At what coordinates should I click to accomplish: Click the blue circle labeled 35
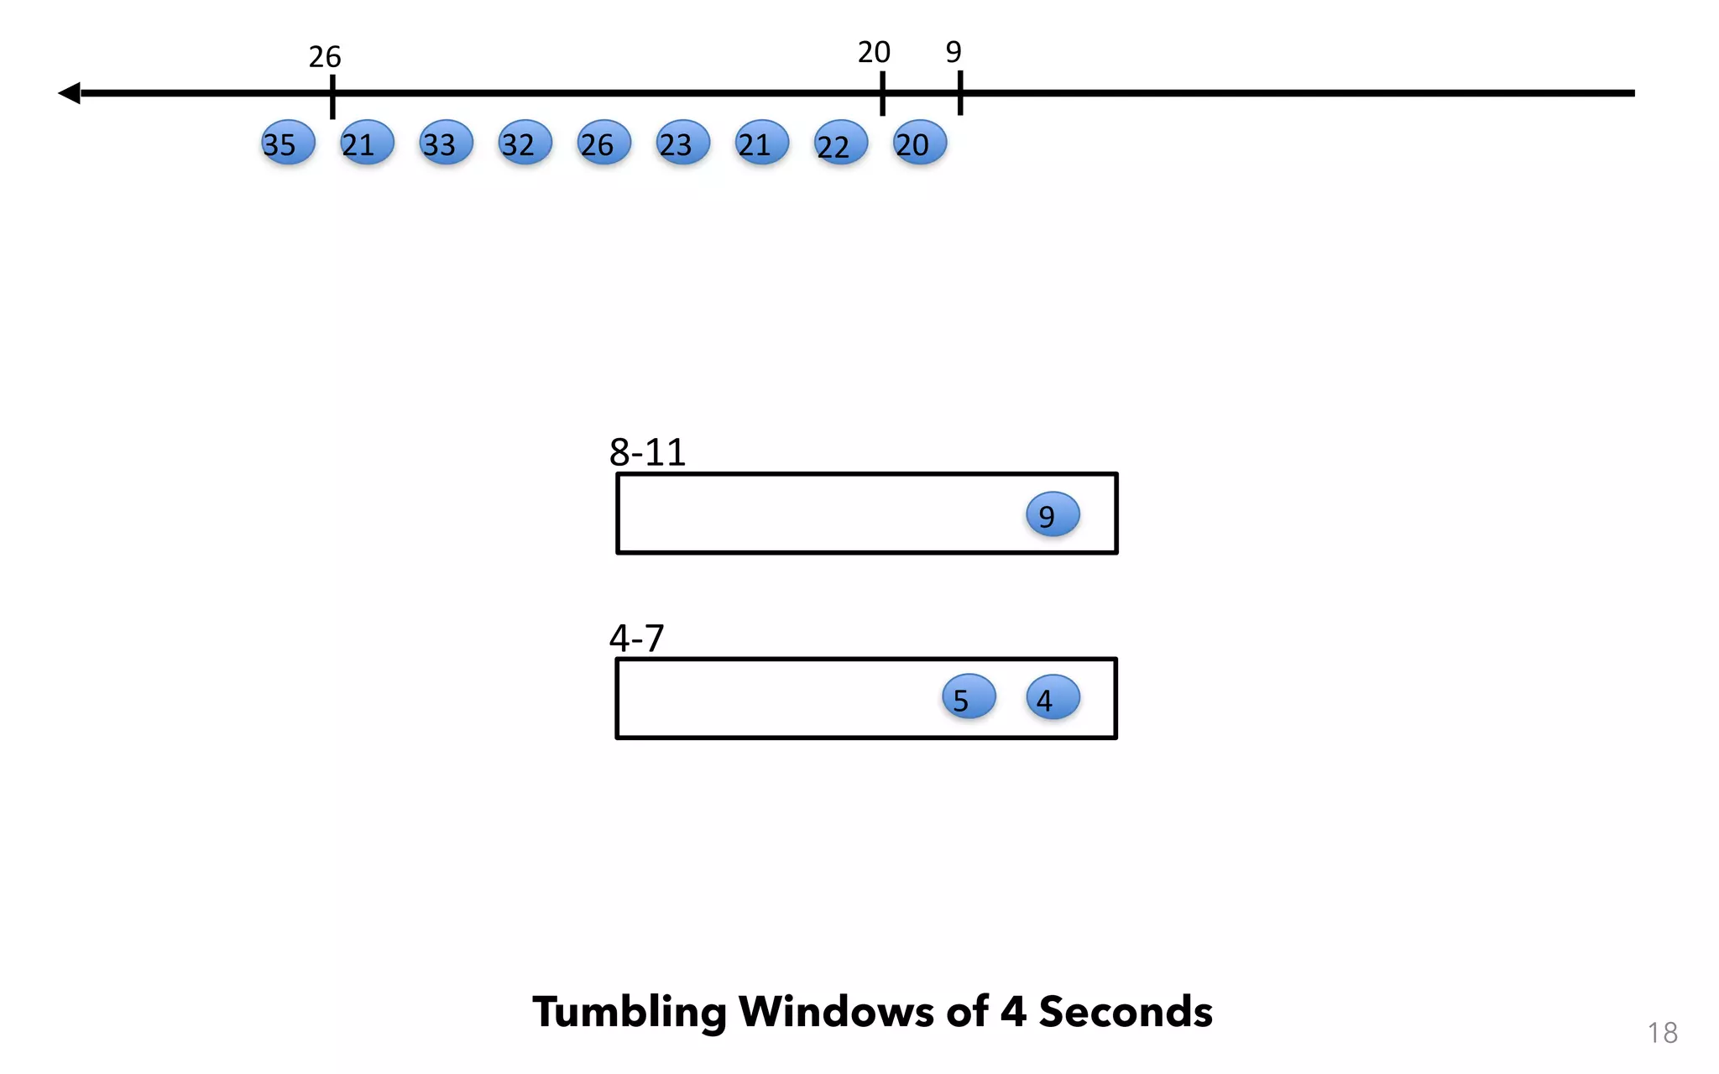(288, 143)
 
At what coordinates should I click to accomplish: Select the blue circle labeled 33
(446, 143)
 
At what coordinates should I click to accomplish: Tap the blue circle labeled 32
(525, 143)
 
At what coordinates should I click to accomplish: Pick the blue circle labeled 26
(603, 143)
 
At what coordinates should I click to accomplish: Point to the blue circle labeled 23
(682, 143)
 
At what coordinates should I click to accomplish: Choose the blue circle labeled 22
(840, 143)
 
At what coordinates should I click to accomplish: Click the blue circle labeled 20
(919, 143)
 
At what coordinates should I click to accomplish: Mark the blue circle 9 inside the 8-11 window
(1053, 514)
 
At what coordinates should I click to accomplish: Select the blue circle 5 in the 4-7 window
(969, 697)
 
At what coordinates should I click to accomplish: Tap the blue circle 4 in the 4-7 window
(1053, 697)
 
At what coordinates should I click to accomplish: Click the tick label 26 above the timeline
(325, 57)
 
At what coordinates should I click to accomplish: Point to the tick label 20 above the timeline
(874, 53)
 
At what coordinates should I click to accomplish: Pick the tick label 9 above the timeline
(954, 53)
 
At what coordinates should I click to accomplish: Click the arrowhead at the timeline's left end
(70, 93)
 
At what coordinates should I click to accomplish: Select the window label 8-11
(647, 453)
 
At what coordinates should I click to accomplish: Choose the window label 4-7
(636, 639)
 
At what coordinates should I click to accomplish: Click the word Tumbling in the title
(630, 1012)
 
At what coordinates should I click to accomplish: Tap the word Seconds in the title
(1126, 1012)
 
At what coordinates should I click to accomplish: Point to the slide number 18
(1662, 1033)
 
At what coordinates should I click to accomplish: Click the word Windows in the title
(836, 1012)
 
